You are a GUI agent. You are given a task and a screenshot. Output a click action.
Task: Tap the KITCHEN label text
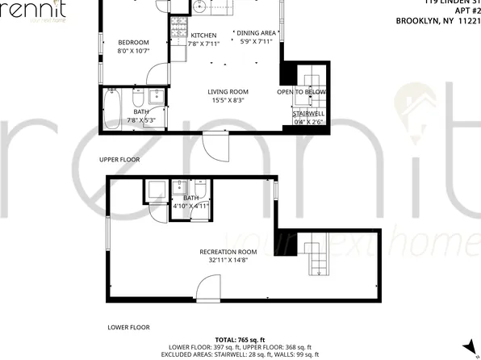(x=203, y=36)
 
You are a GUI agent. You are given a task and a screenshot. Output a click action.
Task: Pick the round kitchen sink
(x=199, y=10)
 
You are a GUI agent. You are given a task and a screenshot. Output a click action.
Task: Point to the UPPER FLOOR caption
(x=119, y=160)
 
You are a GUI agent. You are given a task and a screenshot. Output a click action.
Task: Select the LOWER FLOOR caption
(x=129, y=328)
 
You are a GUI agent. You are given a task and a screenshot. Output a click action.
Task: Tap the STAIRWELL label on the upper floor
(x=307, y=115)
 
